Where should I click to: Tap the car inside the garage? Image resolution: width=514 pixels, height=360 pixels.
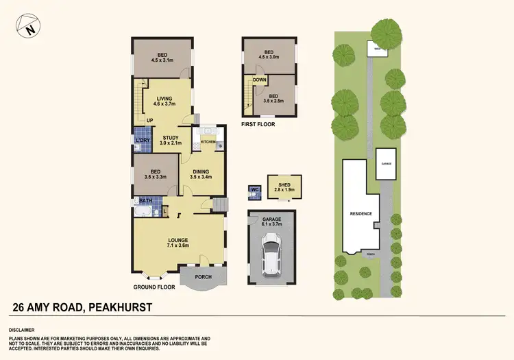click(273, 254)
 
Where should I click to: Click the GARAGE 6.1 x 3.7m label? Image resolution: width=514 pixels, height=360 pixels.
click(272, 221)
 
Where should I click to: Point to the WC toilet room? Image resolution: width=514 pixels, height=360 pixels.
click(254, 189)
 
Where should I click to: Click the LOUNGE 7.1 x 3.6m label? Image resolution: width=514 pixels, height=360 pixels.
click(178, 242)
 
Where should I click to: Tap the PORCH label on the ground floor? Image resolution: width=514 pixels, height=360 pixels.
click(203, 277)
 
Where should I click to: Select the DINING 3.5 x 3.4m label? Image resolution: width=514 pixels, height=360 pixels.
click(199, 173)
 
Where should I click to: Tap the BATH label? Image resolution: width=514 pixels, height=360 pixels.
click(145, 201)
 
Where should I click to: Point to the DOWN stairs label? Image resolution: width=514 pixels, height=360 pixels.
click(260, 80)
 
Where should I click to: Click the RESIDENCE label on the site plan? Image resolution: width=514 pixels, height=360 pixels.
click(361, 213)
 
